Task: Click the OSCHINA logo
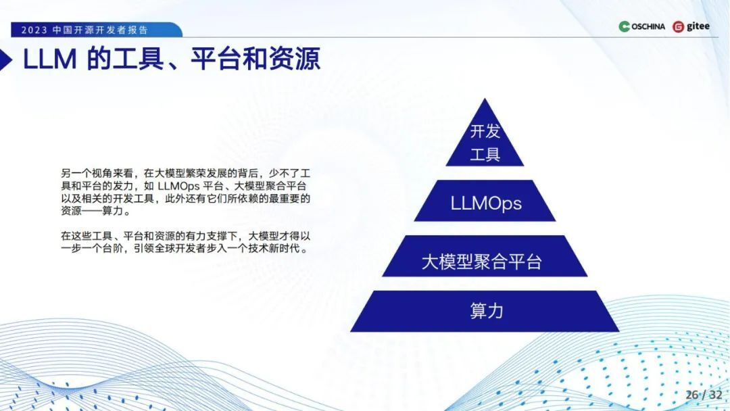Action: (x=641, y=26)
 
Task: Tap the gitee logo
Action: (x=691, y=26)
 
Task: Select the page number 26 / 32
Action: (x=704, y=395)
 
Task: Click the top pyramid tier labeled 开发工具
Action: (x=485, y=140)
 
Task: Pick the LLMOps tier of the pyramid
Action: (x=485, y=201)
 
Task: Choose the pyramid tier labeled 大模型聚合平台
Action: (x=485, y=256)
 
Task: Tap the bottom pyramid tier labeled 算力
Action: (x=485, y=311)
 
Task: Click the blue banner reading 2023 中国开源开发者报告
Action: (x=97, y=30)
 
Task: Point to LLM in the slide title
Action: (x=49, y=59)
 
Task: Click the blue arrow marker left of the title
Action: (x=5, y=59)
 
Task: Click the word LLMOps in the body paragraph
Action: (x=178, y=186)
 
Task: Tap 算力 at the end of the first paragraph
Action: (x=113, y=211)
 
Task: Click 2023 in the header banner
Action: (x=34, y=30)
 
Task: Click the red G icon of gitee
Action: (x=679, y=27)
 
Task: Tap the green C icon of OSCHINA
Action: (x=625, y=26)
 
